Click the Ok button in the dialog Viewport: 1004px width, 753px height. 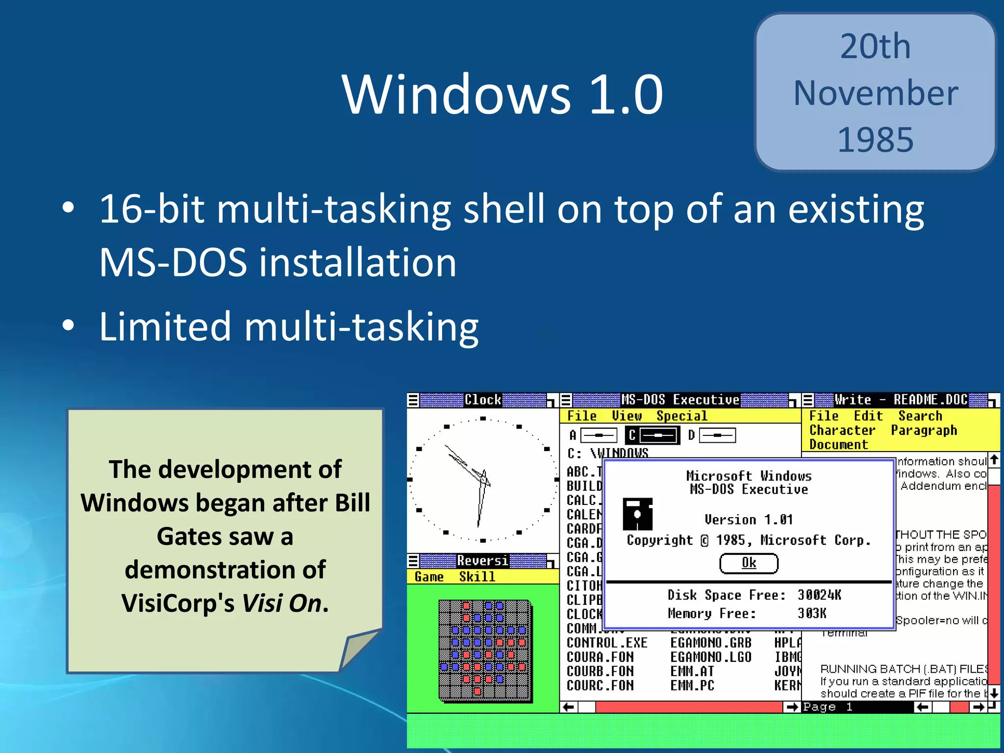[x=749, y=563]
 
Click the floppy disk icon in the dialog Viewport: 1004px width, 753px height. [x=637, y=514]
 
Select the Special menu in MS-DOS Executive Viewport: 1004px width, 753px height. [x=681, y=416]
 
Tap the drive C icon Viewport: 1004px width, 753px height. [x=653, y=435]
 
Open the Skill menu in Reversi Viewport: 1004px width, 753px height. [x=477, y=577]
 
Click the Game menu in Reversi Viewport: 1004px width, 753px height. [x=429, y=577]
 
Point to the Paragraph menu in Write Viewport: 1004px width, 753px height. [x=924, y=430]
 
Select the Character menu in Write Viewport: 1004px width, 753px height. [x=842, y=430]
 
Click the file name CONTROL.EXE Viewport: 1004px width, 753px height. [x=607, y=643]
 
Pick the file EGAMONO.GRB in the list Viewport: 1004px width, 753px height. [x=710, y=643]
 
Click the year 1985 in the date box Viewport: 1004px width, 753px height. [x=876, y=140]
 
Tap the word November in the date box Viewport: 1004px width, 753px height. [x=876, y=93]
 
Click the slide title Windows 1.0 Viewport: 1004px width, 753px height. [x=502, y=94]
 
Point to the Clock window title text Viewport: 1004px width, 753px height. [x=483, y=400]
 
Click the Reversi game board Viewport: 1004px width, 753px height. [x=485, y=650]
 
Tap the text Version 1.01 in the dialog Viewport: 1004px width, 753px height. [x=748, y=519]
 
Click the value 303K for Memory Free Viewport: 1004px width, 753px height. [x=812, y=613]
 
